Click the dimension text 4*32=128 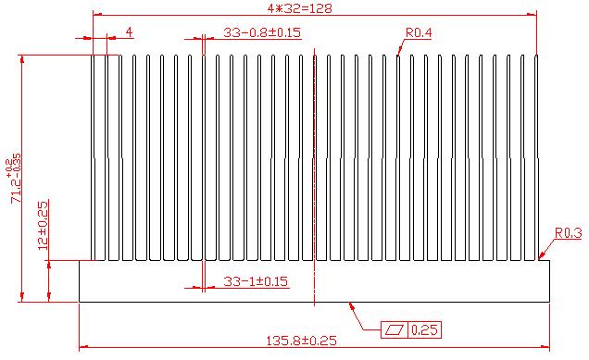[300, 8]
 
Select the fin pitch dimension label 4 [129, 31]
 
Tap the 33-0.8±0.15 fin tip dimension [262, 32]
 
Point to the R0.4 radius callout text [419, 32]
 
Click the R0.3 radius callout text [569, 233]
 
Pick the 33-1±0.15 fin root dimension [256, 281]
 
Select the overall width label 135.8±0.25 [301, 341]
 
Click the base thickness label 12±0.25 [43, 226]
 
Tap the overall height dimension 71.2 [16, 179]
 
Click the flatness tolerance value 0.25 [424, 330]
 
